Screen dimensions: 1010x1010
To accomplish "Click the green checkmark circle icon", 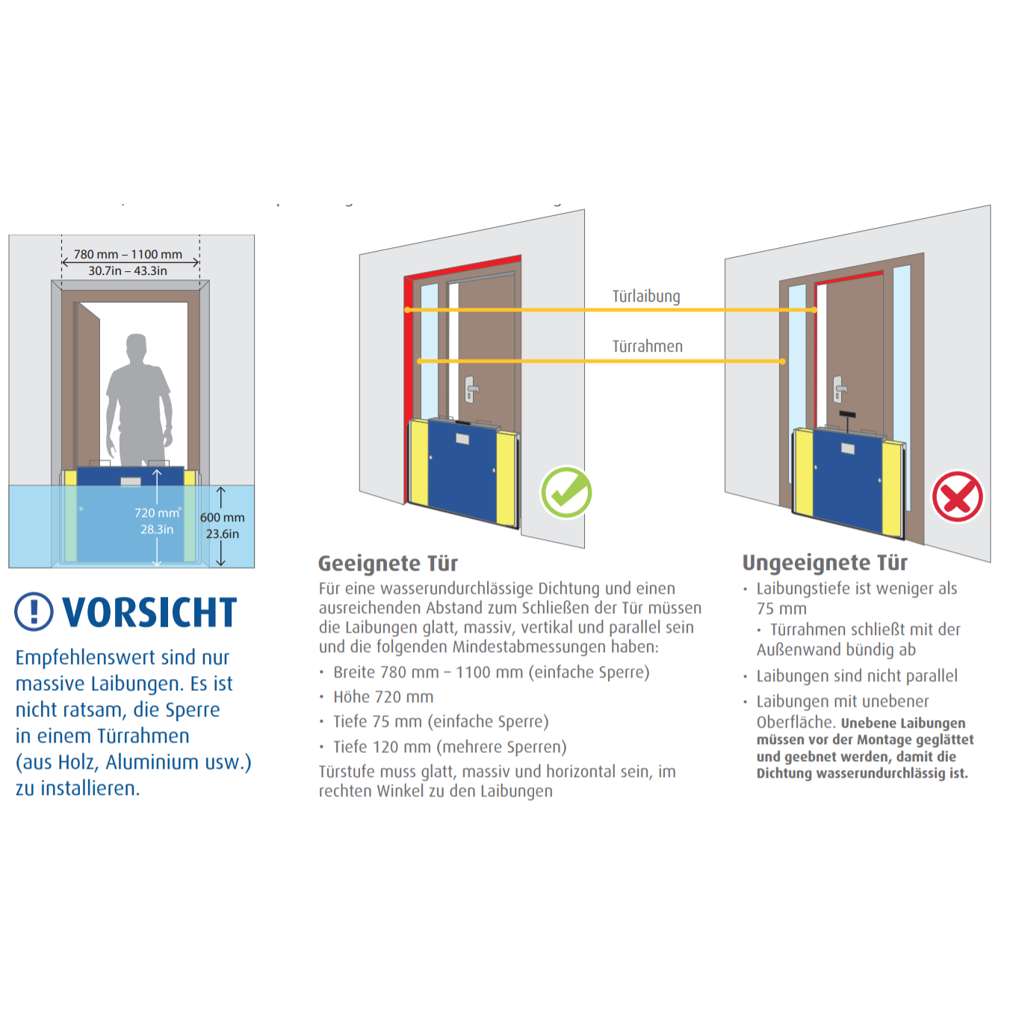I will tap(566, 492).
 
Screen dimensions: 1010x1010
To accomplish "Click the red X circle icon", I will tap(957, 497).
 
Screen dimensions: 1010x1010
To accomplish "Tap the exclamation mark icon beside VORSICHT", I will tap(34, 612).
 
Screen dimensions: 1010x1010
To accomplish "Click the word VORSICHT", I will tap(149, 613).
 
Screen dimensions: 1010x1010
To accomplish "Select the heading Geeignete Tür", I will tap(388, 563).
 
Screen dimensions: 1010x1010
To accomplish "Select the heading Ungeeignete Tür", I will tap(825, 563).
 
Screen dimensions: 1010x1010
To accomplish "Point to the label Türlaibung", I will tap(646, 297).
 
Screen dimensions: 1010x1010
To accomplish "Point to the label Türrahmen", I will tap(648, 347).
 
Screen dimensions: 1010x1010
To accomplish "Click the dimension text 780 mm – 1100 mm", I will tap(128, 254).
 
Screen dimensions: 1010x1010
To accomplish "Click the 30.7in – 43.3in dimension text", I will tap(128, 270).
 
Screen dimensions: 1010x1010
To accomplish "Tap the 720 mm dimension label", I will tap(157, 513).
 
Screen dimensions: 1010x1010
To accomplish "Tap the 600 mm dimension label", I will tap(222, 518).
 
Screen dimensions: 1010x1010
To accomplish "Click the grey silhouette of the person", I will tap(139, 396).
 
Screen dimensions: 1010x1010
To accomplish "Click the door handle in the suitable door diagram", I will tap(471, 388).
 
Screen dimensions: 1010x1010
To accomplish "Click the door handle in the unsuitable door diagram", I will tap(839, 388).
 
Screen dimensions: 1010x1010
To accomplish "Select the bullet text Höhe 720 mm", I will tap(383, 697).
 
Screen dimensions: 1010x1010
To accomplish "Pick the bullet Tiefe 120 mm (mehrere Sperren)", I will tap(450, 747).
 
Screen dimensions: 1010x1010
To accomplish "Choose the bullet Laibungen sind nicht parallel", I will tap(857, 676).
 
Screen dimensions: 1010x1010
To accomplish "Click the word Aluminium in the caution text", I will tap(152, 762).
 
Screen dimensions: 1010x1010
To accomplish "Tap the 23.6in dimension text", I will tap(223, 534).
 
